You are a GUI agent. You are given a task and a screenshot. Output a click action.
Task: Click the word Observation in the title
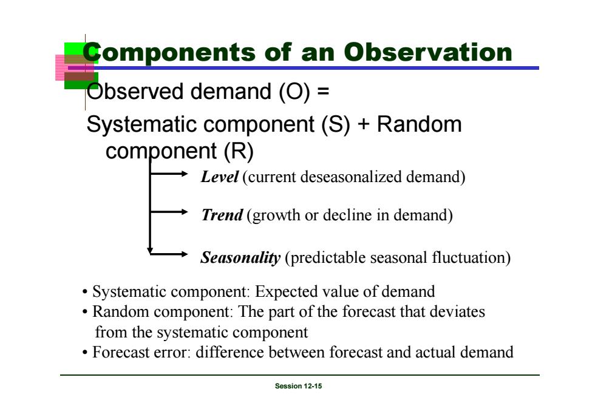click(x=428, y=52)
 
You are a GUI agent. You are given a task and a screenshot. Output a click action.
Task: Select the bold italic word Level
click(x=219, y=177)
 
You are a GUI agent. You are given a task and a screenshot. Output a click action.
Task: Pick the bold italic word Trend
click(x=222, y=215)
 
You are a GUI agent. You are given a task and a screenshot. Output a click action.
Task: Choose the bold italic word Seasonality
click(x=240, y=257)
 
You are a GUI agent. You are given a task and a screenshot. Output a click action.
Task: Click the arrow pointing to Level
click(x=169, y=174)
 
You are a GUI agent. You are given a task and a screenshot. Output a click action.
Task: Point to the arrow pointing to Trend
click(x=169, y=212)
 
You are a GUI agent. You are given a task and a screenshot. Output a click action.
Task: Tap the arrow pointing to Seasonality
click(x=169, y=254)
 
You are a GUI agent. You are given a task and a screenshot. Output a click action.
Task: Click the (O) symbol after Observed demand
click(x=294, y=92)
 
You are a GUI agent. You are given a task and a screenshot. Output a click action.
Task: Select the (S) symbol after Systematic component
click(x=335, y=124)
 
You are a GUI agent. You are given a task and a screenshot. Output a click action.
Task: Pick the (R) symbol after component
click(x=238, y=151)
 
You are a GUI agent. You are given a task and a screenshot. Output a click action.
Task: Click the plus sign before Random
click(x=363, y=125)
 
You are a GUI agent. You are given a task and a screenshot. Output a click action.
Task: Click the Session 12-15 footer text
click(x=298, y=386)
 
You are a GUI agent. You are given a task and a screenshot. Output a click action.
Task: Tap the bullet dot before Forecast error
click(x=84, y=353)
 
